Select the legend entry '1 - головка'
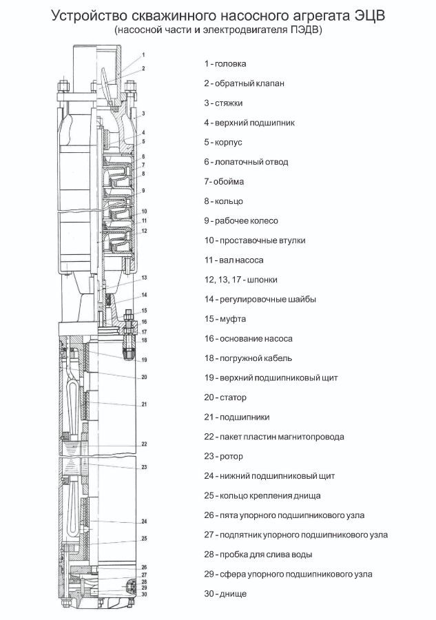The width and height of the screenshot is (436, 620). [225, 64]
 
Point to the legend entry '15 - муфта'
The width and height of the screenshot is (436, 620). [225, 319]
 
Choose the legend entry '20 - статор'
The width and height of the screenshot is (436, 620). [225, 397]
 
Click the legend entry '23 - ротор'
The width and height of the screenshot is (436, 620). [224, 456]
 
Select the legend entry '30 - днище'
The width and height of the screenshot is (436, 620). [225, 593]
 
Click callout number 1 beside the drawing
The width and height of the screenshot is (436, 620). [143, 54]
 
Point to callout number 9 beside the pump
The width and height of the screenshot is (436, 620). [143, 190]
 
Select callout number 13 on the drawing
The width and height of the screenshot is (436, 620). [145, 278]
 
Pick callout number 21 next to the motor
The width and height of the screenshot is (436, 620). [144, 404]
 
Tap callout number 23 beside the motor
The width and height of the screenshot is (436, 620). [144, 468]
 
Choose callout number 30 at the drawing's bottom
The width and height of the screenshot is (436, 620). [144, 594]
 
